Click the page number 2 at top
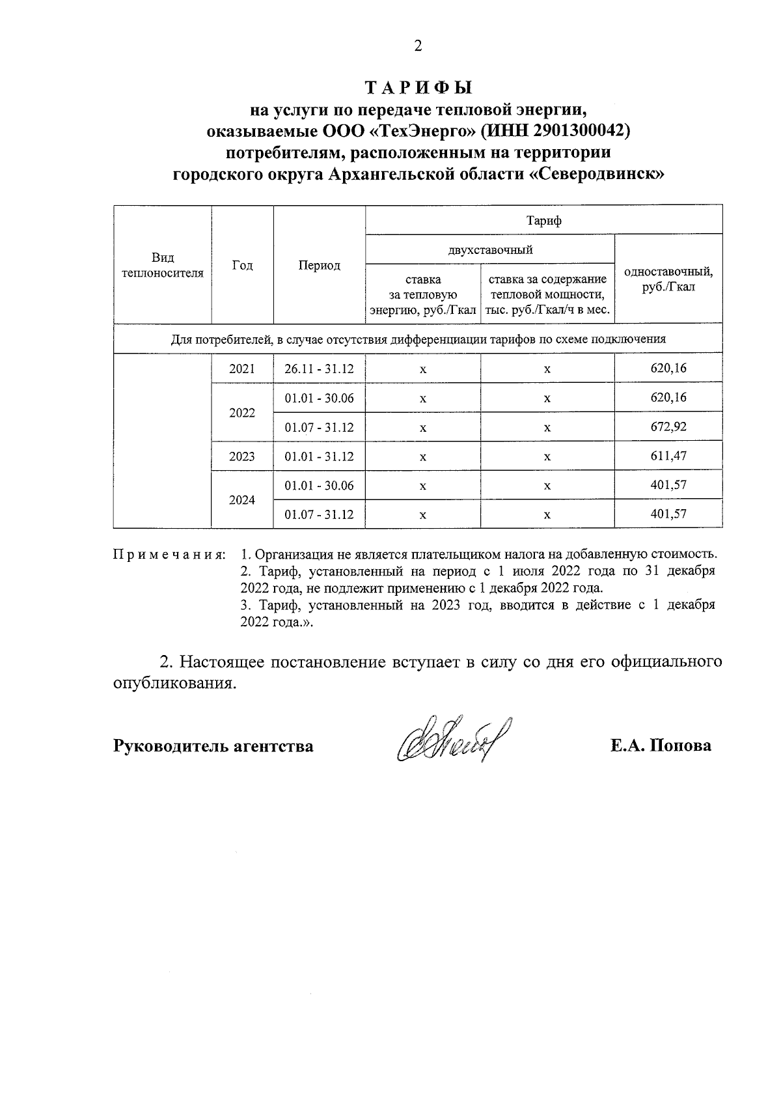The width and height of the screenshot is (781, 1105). [x=418, y=46]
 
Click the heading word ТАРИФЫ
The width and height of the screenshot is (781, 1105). [x=418, y=88]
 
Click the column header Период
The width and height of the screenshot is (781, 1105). [x=319, y=266]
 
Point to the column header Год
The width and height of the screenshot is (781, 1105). [x=242, y=266]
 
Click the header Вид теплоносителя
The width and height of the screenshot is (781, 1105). [x=163, y=266]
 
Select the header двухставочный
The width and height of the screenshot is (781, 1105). [x=490, y=249]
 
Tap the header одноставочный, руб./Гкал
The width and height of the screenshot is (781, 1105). [x=668, y=279]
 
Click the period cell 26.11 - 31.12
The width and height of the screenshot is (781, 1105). [x=319, y=369]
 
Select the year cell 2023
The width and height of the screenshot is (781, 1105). [x=242, y=456]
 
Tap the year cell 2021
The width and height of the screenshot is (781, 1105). [x=242, y=369]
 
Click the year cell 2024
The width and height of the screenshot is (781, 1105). [x=242, y=500]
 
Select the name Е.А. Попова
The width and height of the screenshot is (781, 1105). [x=660, y=746]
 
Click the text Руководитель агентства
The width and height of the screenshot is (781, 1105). [x=213, y=746]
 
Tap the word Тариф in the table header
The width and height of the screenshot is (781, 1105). [x=544, y=220]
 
